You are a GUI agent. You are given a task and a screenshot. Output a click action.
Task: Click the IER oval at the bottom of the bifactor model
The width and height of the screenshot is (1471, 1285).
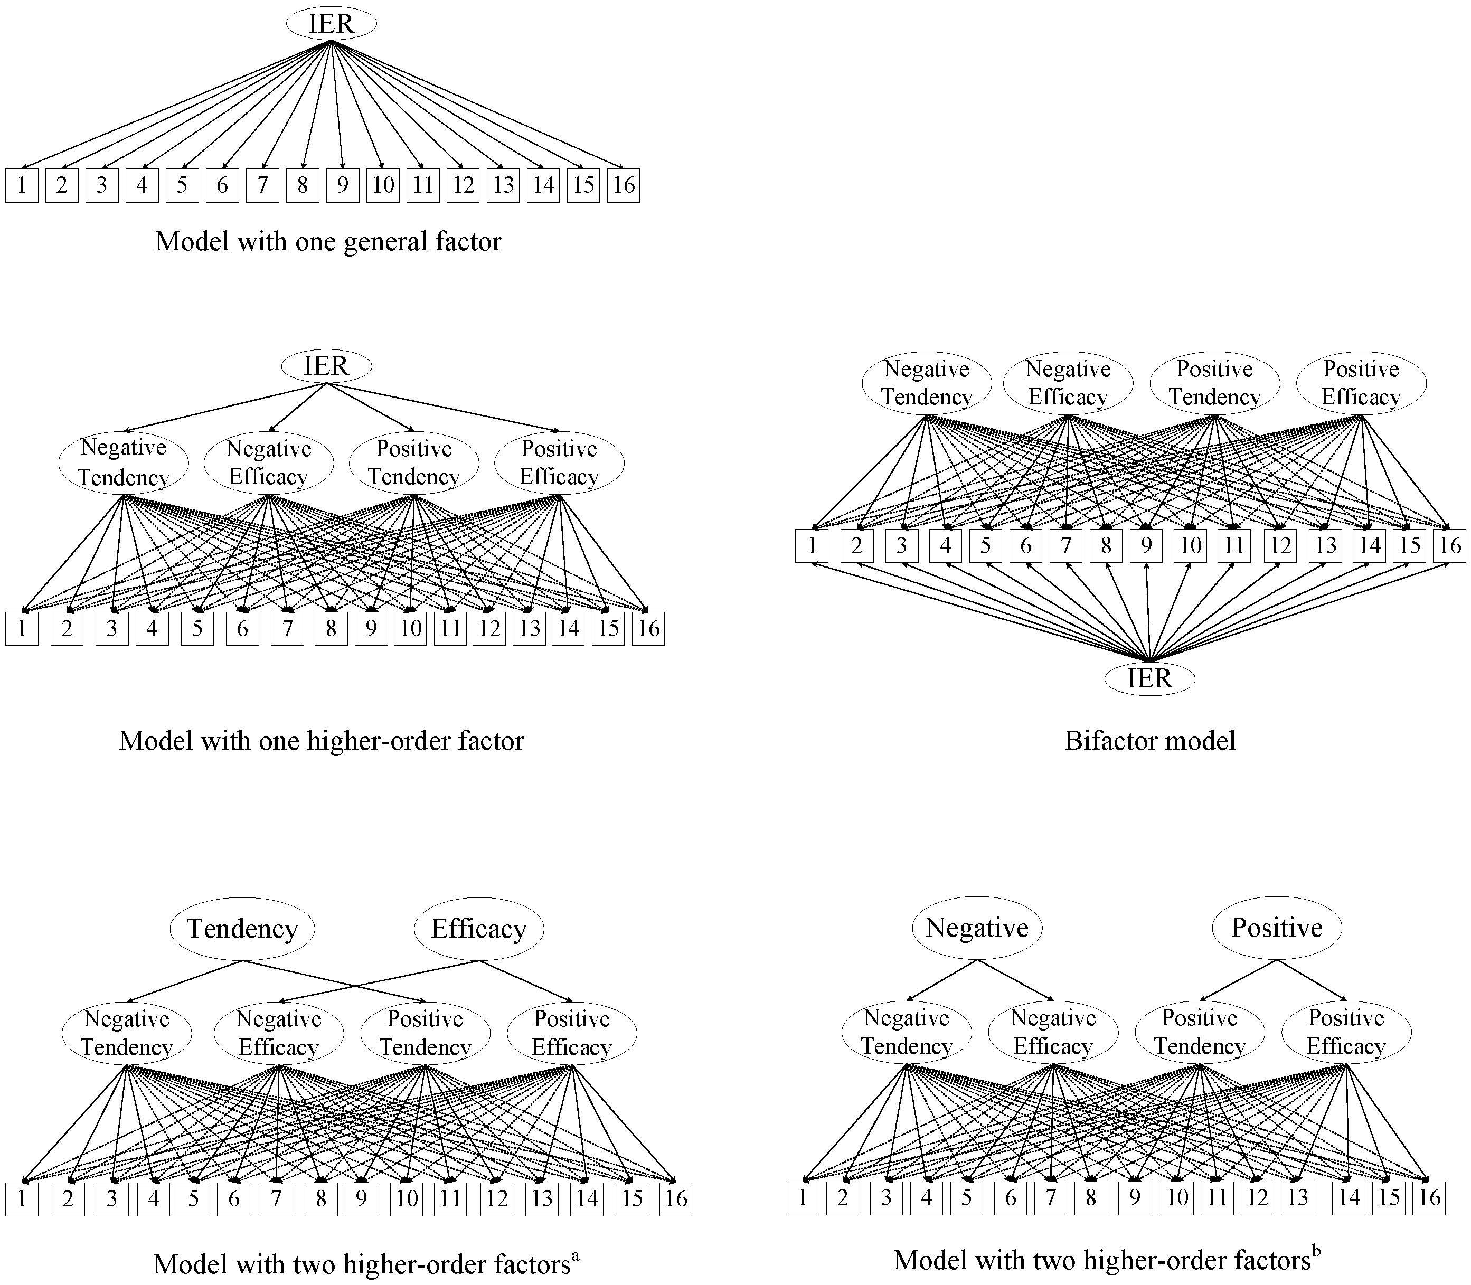pyautogui.click(x=1149, y=678)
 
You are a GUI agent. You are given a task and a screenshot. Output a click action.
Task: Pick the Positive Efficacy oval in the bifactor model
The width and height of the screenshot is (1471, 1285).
pyautogui.click(x=1361, y=383)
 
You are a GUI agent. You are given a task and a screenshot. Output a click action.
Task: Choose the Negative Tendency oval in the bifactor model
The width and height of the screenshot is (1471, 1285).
pyautogui.click(x=926, y=383)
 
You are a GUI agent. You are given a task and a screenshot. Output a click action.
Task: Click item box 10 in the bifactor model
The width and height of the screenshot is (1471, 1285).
pyautogui.click(x=1190, y=546)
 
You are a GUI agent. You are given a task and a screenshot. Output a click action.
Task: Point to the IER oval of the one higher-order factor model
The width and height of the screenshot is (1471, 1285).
pyautogui.click(x=326, y=366)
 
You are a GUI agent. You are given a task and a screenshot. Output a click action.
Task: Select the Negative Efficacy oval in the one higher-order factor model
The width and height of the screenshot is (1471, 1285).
pyautogui.click(x=268, y=462)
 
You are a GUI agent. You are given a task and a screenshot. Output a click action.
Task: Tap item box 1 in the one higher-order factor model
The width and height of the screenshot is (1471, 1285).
pyautogui.click(x=22, y=629)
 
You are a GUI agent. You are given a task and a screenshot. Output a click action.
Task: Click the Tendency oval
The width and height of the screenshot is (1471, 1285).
pyautogui.click(x=242, y=929)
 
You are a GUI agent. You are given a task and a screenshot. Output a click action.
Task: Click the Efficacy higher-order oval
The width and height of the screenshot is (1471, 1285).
pyautogui.click(x=478, y=929)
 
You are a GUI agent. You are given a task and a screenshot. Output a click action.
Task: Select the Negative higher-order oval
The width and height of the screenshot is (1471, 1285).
pyautogui.click(x=977, y=928)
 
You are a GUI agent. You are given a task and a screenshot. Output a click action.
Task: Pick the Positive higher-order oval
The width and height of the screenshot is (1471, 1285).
pyautogui.click(x=1277, y=928)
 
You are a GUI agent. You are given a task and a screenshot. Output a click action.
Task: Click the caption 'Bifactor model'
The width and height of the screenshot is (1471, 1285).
pyautogui.click(x=1149, y=741)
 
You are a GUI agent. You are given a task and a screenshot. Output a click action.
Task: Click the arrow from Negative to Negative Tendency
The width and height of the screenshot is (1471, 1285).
pyautogui.click(x=943, y=979)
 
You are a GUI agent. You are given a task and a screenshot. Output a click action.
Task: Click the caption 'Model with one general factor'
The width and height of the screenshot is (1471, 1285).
pyautogui.click(x=328, y=242)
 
